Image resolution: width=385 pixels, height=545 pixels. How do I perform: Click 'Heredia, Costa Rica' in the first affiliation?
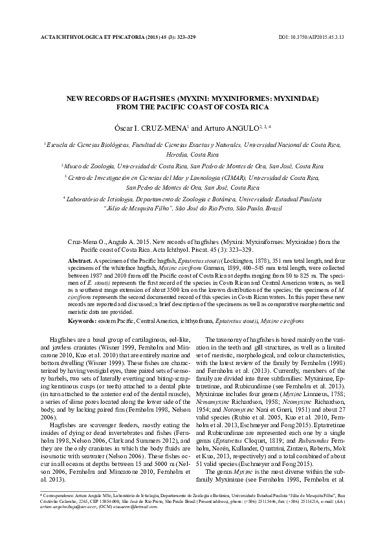(192, 157)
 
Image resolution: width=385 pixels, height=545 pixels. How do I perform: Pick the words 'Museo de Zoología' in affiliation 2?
(87, 166)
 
